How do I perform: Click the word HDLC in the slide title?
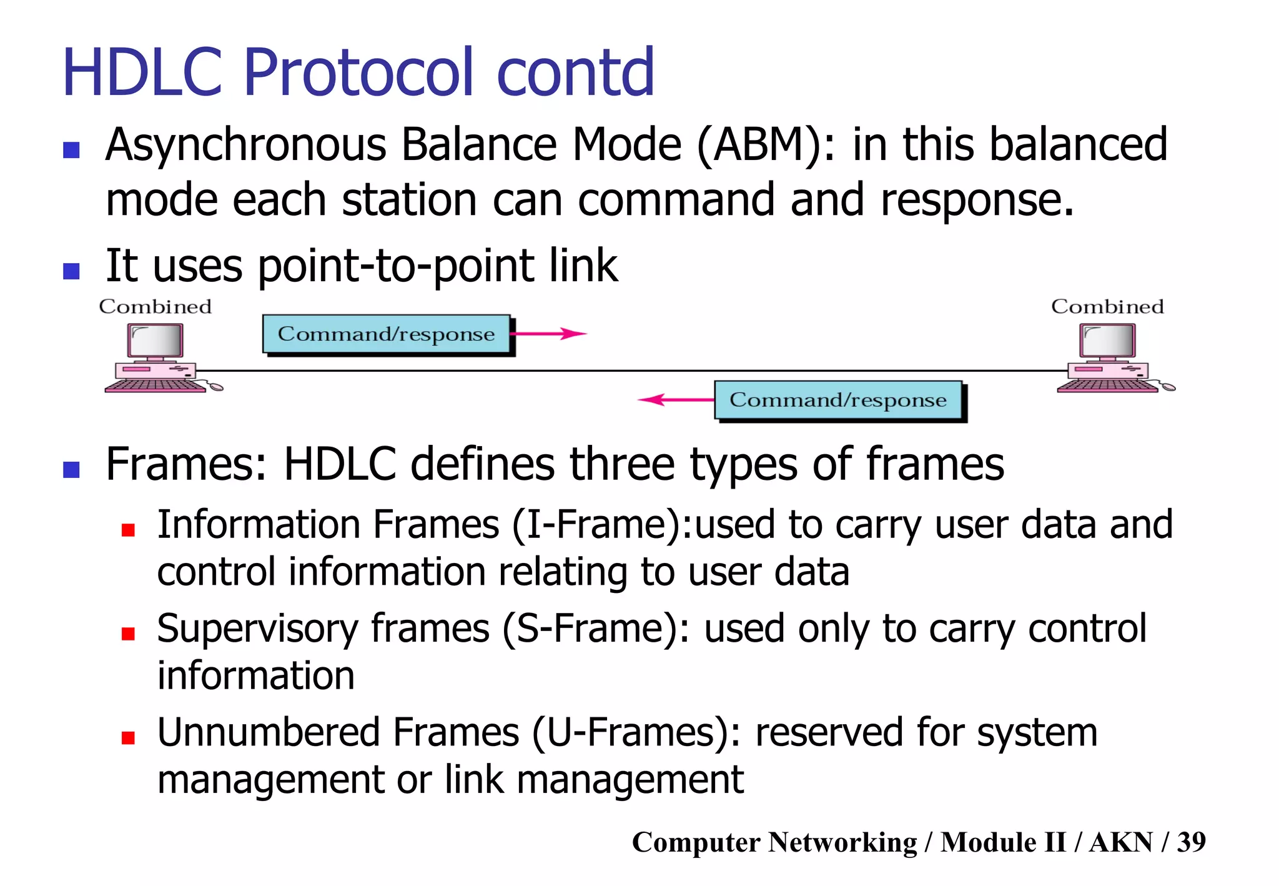pyautogui.click(x=142, y=72)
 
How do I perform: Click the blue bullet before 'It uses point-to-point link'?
pyautogui.click(x=72, y=271)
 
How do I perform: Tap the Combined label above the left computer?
pyautogui.click(x=155, y=307)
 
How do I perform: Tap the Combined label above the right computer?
pyautogui.click(x=1107, y=307)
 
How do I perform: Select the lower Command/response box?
pyautogui.click(x=838, y=400)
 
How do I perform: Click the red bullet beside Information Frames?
pyautogui.click(x=129, y=530)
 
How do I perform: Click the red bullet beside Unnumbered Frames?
pyautogui.click(x=129, y=738)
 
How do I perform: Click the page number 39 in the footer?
pyautogui.click(x=1191, y=842)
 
